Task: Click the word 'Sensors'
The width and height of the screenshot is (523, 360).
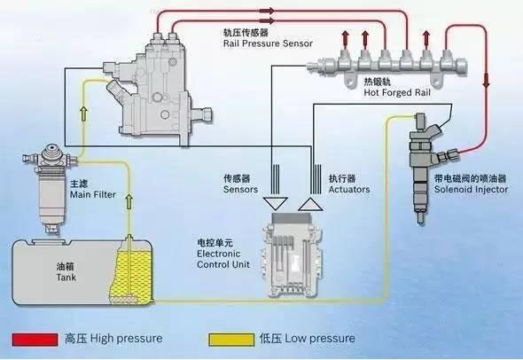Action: click(240, 189)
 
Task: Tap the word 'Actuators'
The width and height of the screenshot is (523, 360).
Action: click(347, 189)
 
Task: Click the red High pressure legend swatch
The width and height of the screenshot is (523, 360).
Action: click(36, 339)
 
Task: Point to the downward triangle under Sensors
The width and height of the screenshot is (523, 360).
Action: click(274, 203)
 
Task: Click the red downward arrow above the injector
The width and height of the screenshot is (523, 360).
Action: click(486, 82)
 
